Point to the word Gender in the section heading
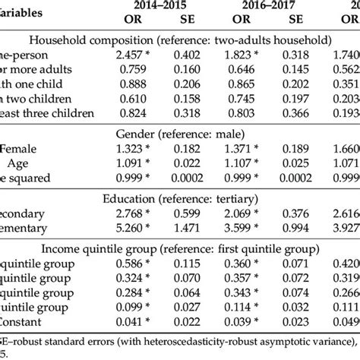(134, 134)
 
